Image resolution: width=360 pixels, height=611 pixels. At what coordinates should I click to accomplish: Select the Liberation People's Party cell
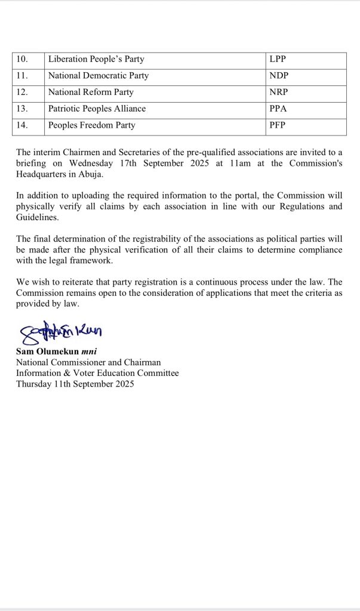pyautogui.click(x=96, y=60)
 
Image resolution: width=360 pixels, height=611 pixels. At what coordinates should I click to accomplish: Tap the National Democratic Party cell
pyautogui.click(x=99, y=76)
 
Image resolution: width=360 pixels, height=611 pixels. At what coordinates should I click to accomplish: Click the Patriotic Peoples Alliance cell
pyautogui.click(x=97, y=109)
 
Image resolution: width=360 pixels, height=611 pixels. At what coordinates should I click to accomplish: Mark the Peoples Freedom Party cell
pyautogui.click(x=92, y=125)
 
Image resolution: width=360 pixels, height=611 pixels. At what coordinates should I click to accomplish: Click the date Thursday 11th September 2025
pyautogui.click(x=75, y=384)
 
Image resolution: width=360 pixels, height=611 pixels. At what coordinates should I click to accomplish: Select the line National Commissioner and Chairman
pyautogui.click(x=88, y=362)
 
